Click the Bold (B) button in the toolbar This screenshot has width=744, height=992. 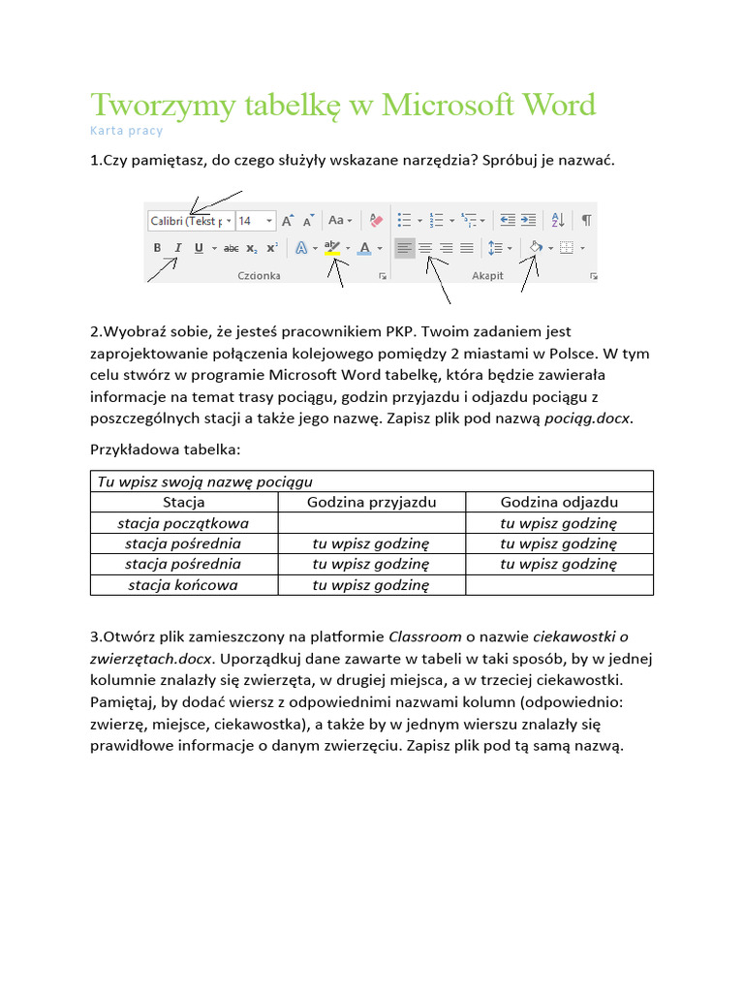pyautogui.click(x=157, y=248)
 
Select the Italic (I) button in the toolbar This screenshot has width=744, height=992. pyautogui.click(x=178, y=248)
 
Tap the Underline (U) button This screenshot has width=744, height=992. pyautogui.click(x=199, y=248)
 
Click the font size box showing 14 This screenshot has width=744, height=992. pyautogui.click(x=250, y=221)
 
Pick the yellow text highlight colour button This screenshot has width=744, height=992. pyautogui.click(x=333, y=248)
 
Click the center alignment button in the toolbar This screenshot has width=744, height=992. pyautogui.click(x=425, y=248)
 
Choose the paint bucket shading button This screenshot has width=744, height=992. pyautogui.click(x=534, y=248)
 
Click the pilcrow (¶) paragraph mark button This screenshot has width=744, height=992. pyautogui.click(x=585, y=220)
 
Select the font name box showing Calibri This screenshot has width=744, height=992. pyautogui.click(x=186, y=221)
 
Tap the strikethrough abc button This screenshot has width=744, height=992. pyautogui.click(x=231, y=248)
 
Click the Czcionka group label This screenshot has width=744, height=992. pyautogui.click(x=259, y=276)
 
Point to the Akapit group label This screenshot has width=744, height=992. pyautogui.click(x=487, y=276)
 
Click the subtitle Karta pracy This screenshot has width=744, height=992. pyautogui.click(x=126, y=131)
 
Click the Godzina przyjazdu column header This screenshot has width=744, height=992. pyautogui.click(x=372, y=502)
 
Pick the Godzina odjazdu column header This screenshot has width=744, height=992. pyautogui.click(x=559, y=502)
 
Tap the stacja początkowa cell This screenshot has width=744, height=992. pyautogui.click(x=183, y=523)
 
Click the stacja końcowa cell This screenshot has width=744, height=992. pyautogui.click(x=183, y=585)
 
